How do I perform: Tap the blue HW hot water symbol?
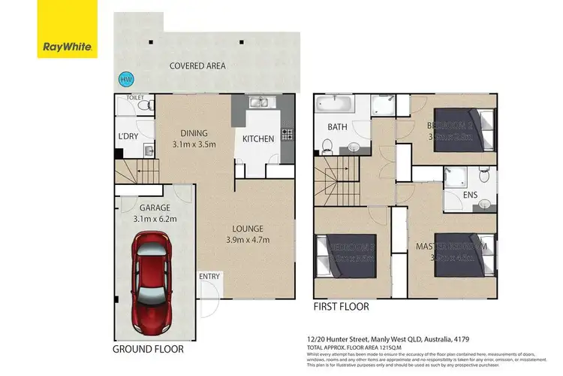(123, 78)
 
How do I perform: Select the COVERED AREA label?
(197, 66)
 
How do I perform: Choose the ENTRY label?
(210, 277)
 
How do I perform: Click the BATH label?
(336, 127)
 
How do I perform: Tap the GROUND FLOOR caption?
(147, 349)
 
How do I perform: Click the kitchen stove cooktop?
(286, 135)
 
